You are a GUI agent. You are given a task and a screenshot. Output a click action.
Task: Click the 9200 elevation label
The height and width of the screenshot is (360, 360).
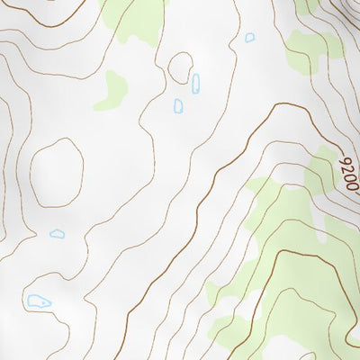click(x=349, y=175)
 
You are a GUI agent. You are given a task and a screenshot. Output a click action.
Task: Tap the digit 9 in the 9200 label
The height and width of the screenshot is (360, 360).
click(x=344, y=163)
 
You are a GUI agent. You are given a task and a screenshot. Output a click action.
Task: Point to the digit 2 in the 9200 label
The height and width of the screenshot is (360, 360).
click(x=347, y=171)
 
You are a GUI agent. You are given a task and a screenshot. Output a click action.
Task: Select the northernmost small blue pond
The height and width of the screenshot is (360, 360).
click(x=249, y=38)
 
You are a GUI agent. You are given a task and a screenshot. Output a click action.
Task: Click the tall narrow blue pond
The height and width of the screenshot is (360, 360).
click(x=195, y=84)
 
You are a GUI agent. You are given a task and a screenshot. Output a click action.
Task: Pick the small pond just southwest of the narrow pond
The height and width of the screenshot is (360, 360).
click(x=178, y=106)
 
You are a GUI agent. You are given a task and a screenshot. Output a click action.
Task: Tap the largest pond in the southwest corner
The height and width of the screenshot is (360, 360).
click(x=39, y=301)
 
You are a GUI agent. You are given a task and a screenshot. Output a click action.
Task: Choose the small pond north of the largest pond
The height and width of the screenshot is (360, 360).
click(x=58, y=234)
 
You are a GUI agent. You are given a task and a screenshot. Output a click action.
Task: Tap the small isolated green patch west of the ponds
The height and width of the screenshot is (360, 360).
click(x=114, y=89)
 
